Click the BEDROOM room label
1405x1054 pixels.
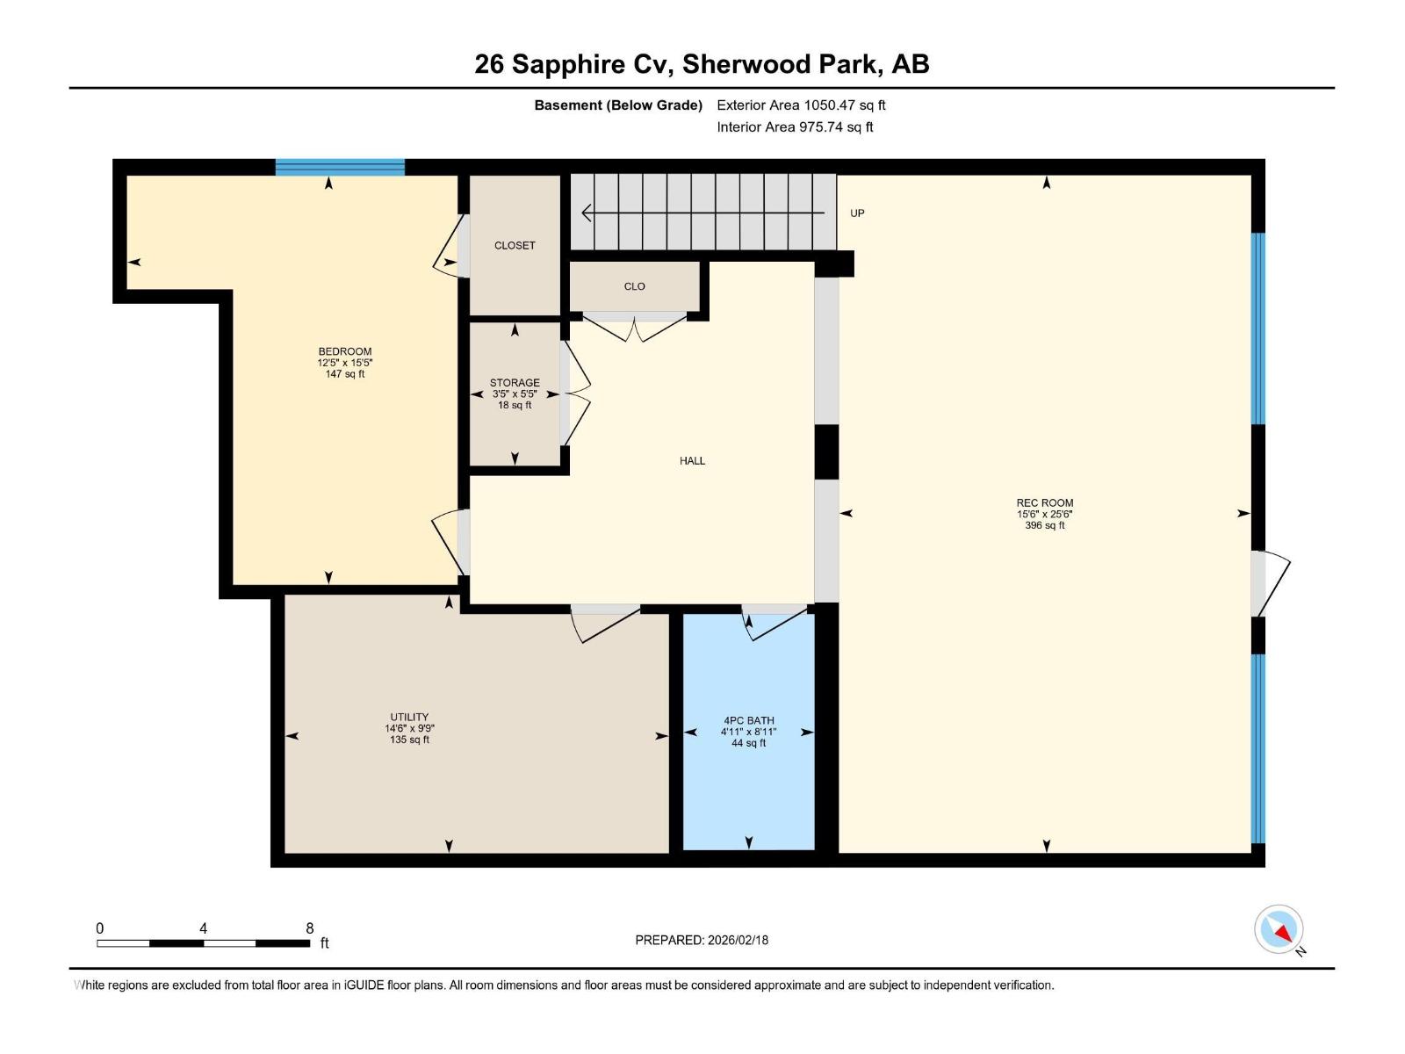click(344, 351)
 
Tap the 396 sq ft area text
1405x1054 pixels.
click(1044, 525)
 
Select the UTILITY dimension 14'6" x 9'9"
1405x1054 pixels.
click(409, 728)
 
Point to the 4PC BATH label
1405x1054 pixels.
click(748, 720)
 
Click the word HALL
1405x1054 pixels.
click(692, 460)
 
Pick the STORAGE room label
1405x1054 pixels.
click(515, 383)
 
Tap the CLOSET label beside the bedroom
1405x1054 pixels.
click(515, 245)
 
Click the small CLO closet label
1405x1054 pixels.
click(634, 286)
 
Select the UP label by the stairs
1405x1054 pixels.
click(857, 213)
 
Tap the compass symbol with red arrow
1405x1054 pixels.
click(1279, 929)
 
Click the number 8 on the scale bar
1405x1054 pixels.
click(309, 928)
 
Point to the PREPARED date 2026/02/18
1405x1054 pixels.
click(702, 940)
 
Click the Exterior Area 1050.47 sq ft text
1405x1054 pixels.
click(801, 105)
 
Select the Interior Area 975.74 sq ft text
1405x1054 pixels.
click(795, 126)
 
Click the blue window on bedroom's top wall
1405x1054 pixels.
click(340, 167)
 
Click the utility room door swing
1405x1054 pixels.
click(604, 622)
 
